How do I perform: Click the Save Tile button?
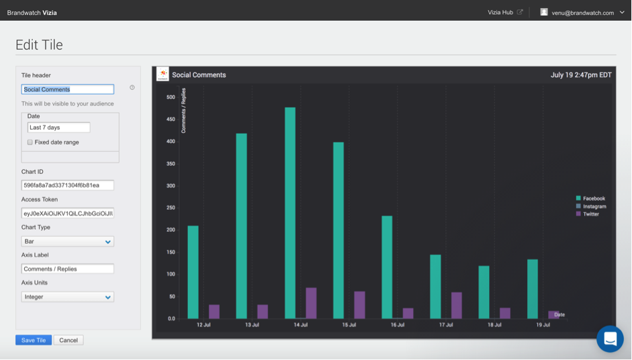pos(33,340)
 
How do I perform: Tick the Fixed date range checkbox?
pos(30,142)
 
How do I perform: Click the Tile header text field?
pos(67,89)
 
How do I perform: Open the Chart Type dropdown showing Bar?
pos(67,241)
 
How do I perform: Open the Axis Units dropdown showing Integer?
pos(67,297)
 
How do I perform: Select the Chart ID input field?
pos(67,185)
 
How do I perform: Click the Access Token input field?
pos(67,214)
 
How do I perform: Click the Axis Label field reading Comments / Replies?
pos(67,269)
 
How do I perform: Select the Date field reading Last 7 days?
pos(58,128)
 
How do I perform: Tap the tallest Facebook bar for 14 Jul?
pos(290,212)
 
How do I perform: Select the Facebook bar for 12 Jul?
pos(193,271)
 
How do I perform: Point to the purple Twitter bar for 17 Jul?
pos(457,305)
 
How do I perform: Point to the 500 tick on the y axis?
pos(171,97)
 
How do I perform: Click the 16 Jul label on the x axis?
pos(398,325)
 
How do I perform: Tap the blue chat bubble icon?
pos(610,339)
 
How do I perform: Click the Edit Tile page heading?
pos(39,45)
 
